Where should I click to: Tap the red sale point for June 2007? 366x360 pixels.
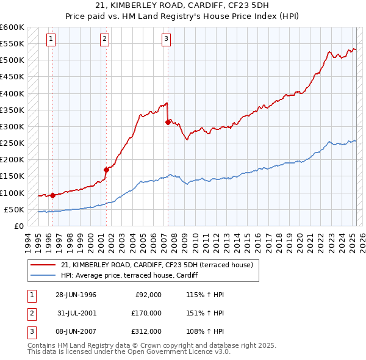(168, 122)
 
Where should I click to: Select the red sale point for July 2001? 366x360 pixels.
(106, 169)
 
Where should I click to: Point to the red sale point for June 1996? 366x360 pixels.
(52, 195)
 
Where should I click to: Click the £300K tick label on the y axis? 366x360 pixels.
(12, 126)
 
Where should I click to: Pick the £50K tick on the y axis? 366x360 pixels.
(14, 209)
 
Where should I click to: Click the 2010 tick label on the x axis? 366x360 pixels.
(193, 242)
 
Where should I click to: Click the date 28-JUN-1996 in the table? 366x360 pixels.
(76, 295)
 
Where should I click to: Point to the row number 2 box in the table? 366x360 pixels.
(31, 313)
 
